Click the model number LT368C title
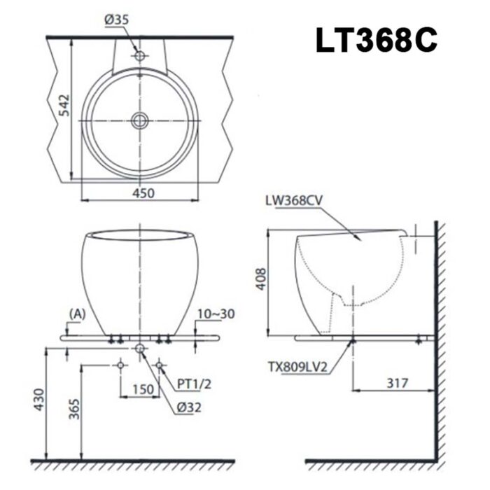point(377,41)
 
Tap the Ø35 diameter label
point(117,20)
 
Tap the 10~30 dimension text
point(216,314)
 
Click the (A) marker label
point(78,314)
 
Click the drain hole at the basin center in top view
point(139,120)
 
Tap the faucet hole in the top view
point(139,55)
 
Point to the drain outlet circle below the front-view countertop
point(140,348)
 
